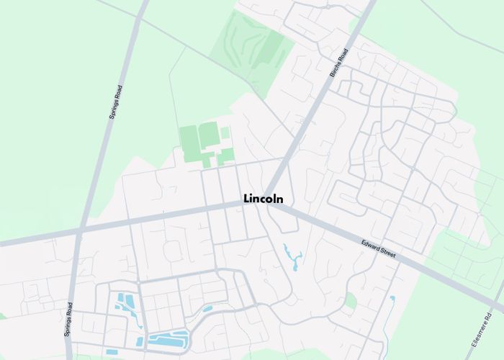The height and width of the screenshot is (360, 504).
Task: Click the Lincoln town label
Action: pyautogui.click(x=264, y=199)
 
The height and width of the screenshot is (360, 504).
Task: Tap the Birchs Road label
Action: pyautogui.click(x=338, y=63)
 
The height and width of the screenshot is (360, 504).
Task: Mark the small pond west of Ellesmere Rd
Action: pyautogui.click(x=392, y=298)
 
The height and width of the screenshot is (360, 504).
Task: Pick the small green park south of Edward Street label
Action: pyautogui.click(x=350, y=300)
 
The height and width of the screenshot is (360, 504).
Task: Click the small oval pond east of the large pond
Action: pyautogui.click(x=207, y=309)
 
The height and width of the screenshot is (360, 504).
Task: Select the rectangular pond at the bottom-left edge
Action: pyautogui.click(x=112, y=352)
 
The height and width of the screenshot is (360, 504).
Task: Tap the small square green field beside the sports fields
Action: pyautogui.click(x=225, y=133)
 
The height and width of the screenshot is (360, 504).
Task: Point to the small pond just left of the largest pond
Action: pyautogui.click(x=140, y=341)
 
